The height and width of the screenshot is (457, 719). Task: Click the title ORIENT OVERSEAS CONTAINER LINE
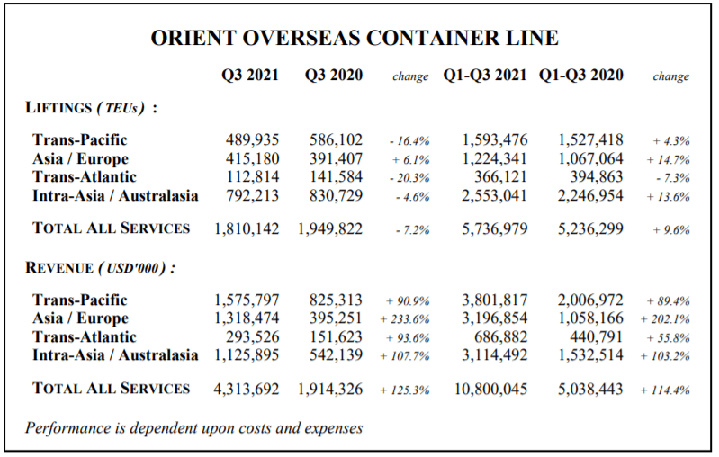pyautogui.click(x=355, y=38)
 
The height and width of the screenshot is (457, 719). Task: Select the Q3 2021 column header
pyautogui.click(x=250, y=75)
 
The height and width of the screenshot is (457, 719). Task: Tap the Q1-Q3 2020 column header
pyautogui.click(x=581, y=75)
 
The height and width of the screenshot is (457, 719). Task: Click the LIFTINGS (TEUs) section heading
pyautogui.click(x=91, y=108)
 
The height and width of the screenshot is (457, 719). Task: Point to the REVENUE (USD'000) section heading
pyautogui.click(x=101, y=268)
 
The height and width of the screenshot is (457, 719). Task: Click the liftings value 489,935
pyautogui.click(x=252, y=139)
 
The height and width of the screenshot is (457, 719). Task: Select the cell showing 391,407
pyautogui.click(x=336, y=158)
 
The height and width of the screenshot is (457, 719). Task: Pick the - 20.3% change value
pyautogui.click(x=409, y=178)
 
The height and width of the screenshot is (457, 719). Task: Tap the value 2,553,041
pyautogui.click(x=494, y=196)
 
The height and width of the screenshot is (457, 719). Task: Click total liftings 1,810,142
pyautogui.click(x=247, y=228)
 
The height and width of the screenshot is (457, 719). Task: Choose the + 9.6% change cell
pyautogui.click(x=671, y=229)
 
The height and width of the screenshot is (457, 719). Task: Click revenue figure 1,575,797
pyautogui.click(x=247, y=300)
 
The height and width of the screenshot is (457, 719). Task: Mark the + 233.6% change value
pyautogui.click(x=405, y=319)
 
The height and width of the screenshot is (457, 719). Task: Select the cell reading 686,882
pyautogui.click(x=500, y=337)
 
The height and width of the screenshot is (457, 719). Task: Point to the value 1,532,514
pyautogui.click(x=590, y=355)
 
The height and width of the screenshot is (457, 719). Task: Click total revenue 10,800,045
pyautogui.click(x=490, y=390)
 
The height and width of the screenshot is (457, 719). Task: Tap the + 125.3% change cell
pyautogui.click(x=405, y=390)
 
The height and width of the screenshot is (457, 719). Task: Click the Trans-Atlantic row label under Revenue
pyautogui.click(x=85, y=337)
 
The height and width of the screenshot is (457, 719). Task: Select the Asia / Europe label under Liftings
pyautogui.click(x=81, y=158)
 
